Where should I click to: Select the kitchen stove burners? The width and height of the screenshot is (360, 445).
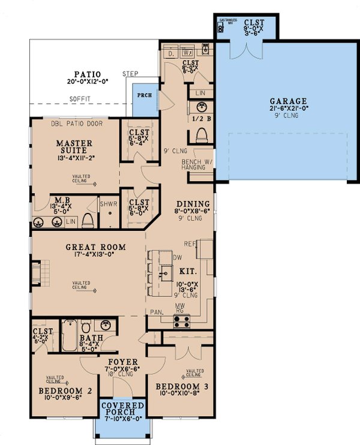coord(182,320)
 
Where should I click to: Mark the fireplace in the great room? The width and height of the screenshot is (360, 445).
coord(37,273)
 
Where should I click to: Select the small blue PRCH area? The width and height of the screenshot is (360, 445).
coord(143,95)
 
